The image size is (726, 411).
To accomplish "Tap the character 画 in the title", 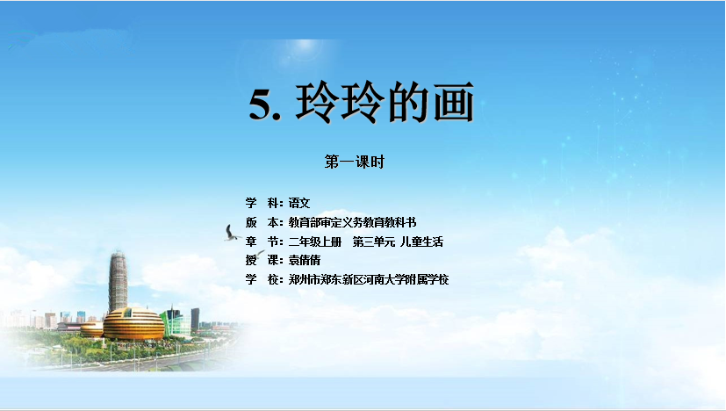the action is click(x=454, y=102).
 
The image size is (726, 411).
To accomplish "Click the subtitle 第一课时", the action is click(x=354, y=162).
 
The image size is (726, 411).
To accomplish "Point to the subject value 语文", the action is click(x=299, y=203).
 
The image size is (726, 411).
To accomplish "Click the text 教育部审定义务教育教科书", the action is click(x=352, y=222).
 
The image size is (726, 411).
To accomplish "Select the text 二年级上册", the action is click(x=315, y=242).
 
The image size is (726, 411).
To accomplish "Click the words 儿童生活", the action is click(x=421, y=242).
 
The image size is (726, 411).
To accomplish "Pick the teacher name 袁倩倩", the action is click(x=305, y=260).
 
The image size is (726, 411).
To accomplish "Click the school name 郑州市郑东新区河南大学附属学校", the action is click(x=369, y=279).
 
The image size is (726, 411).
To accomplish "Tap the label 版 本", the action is click(x=263, y=222).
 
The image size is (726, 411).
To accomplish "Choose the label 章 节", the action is click(x=263, y=242).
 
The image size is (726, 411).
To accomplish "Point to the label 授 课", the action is click(x=263, y=260).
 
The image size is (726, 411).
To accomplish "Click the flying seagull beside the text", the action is click(x=232, y=233).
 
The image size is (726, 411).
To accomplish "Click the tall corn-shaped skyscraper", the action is click(x=118, y=282).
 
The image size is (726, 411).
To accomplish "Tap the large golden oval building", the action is click(x=133, y=324).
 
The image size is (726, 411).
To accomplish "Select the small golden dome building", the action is click(x=92, y=329).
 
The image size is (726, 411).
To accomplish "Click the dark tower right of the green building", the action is click(x=196, y=319).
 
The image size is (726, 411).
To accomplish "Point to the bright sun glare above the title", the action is click(x=305, y=47).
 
